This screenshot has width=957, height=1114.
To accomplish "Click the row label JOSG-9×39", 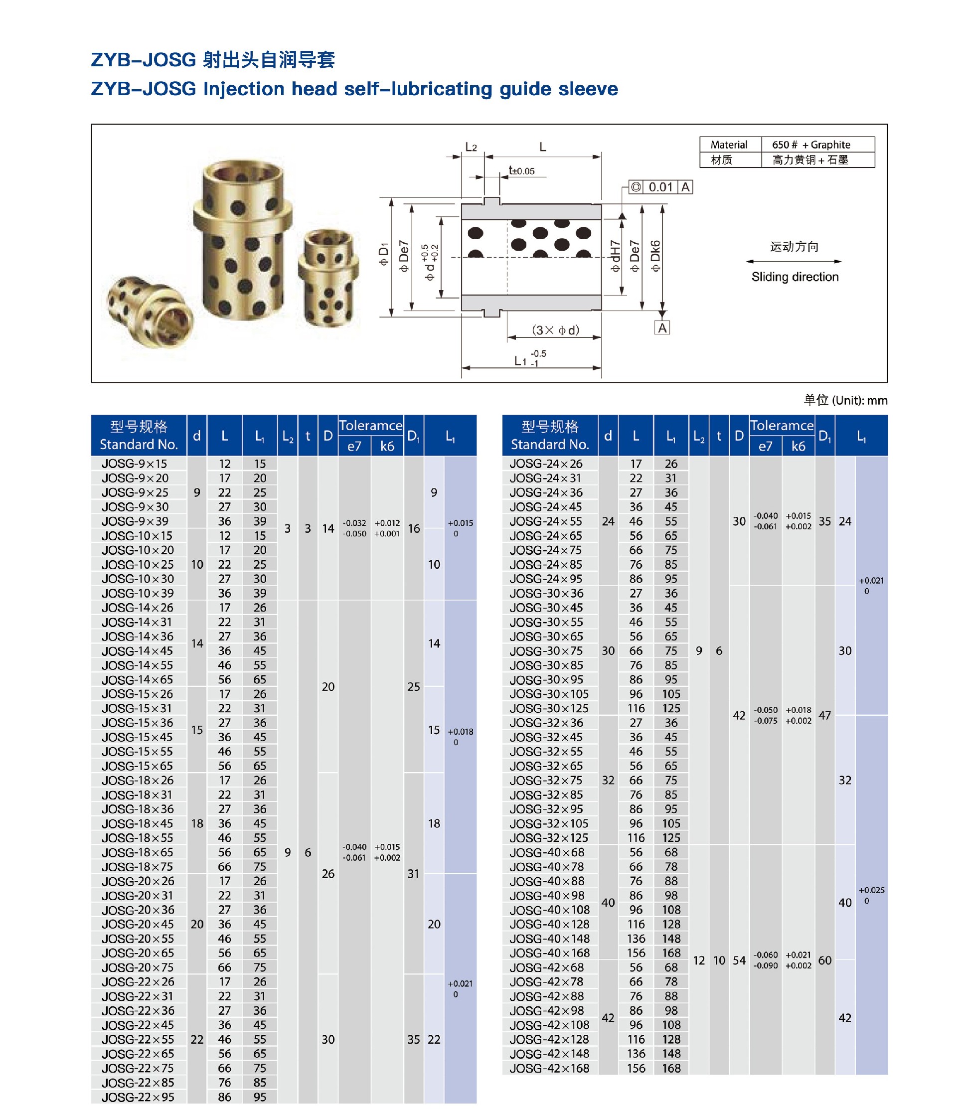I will point(135,521).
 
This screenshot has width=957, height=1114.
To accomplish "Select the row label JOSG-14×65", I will point(138,679).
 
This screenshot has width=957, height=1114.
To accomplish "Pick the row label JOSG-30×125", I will point(549,708).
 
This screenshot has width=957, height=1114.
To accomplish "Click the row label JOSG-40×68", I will point(547,852).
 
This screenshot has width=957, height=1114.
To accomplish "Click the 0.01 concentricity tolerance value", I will point(661,187).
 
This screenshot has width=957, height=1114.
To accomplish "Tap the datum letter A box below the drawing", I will point(662,327).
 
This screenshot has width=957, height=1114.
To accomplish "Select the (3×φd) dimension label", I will point(555,330).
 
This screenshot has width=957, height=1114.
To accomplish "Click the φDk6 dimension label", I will point(655,255).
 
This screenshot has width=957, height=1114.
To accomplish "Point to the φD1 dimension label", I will point(383,254).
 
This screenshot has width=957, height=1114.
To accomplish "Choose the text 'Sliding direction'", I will point(795,277).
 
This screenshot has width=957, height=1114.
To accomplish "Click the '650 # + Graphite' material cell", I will point(811,145).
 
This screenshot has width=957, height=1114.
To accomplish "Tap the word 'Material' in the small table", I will point(729,145).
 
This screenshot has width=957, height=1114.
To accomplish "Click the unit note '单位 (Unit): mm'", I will point(845,400).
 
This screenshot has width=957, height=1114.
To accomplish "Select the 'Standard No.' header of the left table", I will point(139,445).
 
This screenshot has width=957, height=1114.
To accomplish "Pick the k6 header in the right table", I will point(798,446).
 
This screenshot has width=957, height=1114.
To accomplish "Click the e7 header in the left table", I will point(354,446).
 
